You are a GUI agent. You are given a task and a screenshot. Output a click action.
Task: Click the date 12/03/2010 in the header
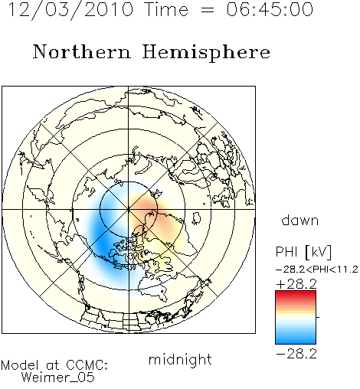tap(71, 10)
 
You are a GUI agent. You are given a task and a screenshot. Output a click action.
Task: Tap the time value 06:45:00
tap(270, 10)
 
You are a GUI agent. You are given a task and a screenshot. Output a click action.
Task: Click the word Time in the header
tap(166, 10)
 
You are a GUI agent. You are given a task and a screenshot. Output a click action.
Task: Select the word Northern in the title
tap(81, 52)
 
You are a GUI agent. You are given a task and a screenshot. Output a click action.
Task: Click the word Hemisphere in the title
tap(206, 52)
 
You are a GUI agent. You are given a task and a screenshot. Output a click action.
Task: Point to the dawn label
tap(300, 220)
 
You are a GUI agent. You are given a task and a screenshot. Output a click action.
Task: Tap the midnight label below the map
tap(180, 359)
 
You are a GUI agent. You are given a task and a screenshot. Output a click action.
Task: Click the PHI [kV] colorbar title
tap(303, 252)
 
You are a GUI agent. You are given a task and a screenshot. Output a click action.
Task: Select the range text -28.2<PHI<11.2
tap(317, 270)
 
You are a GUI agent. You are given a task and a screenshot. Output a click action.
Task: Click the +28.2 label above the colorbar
tap(296, 284)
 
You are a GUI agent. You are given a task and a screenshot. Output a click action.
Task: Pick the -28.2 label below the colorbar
tap(296, 354)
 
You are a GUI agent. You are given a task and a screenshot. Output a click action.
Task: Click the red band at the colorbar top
tap(296, 295)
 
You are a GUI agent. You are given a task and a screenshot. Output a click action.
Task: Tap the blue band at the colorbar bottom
tap(296, 340)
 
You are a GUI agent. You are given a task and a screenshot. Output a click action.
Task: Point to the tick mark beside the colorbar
tap(318, 317)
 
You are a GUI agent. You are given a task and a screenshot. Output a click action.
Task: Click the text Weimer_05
tap(57, 378)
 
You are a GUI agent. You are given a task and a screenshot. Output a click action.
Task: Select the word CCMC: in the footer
tap(87, 365)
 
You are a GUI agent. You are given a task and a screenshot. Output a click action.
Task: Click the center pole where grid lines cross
tap(129, 210)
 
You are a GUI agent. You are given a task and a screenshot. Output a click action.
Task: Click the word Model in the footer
tap(20, 365)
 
